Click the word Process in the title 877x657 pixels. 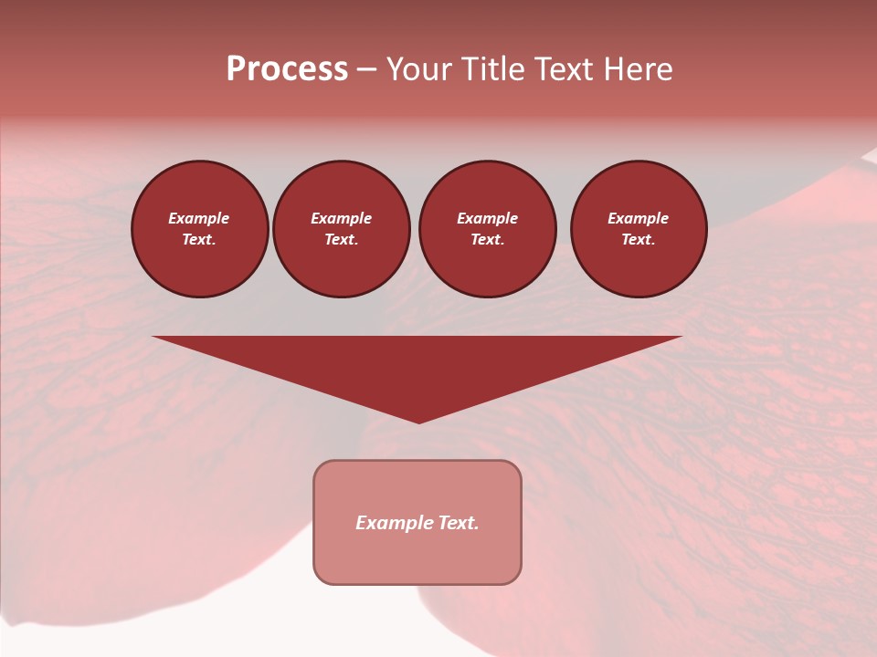coord(287,69)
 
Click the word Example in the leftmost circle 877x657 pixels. coord(199,218)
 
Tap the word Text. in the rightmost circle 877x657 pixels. coord(639,240)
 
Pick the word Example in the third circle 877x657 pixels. coord(487,218)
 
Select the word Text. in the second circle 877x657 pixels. coord(342,240)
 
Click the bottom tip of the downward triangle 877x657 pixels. coord(418,421)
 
